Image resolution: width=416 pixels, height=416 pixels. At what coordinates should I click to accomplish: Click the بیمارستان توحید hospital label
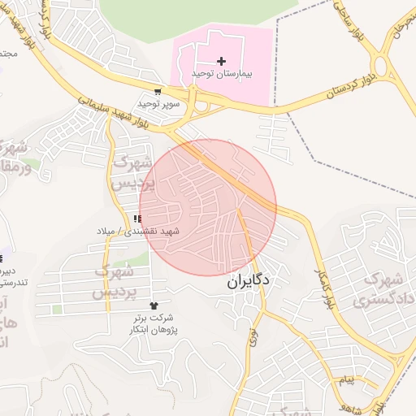(222, 73)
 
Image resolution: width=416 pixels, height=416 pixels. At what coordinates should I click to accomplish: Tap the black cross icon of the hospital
(221, 61)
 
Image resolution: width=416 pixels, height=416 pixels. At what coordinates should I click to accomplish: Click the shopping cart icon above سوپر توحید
(157, 92)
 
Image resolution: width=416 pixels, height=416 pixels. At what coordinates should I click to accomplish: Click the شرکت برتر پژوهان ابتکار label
(156, 324)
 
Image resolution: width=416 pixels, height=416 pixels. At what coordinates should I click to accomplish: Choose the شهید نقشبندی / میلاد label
(136, 232)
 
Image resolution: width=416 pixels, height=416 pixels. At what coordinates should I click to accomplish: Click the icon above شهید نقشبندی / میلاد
(137, 219)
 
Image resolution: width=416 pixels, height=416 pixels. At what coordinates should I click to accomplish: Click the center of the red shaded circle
(208, 207)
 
